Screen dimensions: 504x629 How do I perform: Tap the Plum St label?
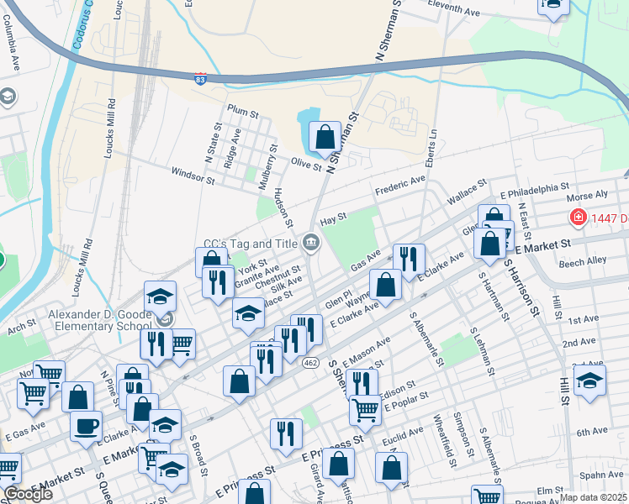click(x=243, y=111)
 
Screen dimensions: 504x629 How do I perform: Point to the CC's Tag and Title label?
click(x=251, y=244)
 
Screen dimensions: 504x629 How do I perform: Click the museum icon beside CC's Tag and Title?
click(x=311, y=244)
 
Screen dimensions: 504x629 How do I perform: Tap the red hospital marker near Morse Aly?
click(x=578, y=218)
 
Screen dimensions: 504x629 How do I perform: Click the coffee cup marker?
click(x=85, y=425)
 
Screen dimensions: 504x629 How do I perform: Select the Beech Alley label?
click(x=582, y=261)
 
